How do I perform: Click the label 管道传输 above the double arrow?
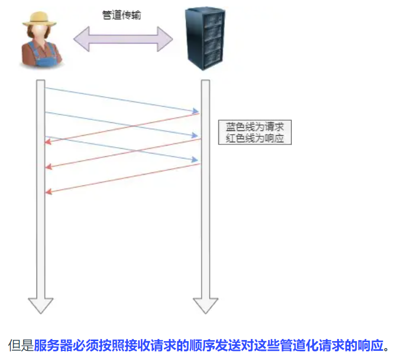121,15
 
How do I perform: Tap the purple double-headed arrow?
123,39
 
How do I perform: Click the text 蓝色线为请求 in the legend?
255,128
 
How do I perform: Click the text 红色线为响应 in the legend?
255,139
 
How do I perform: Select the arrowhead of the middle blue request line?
195,135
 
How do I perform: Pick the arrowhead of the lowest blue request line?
195,160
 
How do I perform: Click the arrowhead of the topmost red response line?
49,142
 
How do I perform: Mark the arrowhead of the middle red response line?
49,167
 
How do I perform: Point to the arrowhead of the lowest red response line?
49,191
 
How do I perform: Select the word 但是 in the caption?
21,345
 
